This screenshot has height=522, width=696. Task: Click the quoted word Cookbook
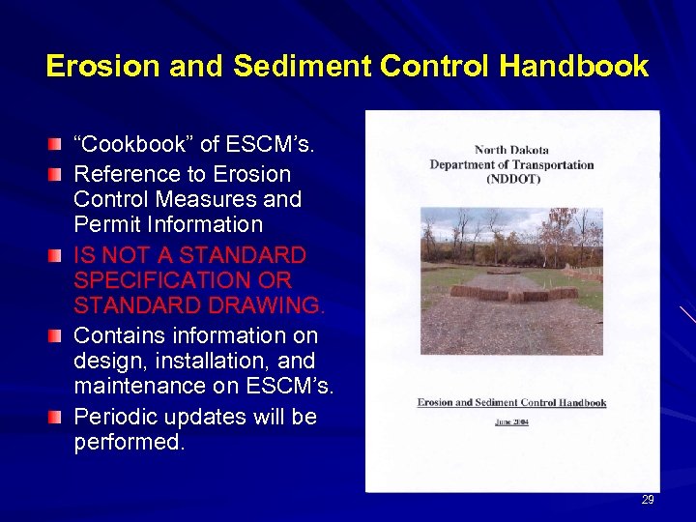click(139, 145)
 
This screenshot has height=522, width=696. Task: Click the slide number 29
click(648, 500)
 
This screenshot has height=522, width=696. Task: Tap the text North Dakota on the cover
click(512, 150)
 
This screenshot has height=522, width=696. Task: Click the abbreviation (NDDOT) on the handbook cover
click(512, 179)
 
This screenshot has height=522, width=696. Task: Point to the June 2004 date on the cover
click(511, 421)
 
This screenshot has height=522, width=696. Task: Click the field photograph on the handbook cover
click(511, 280)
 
